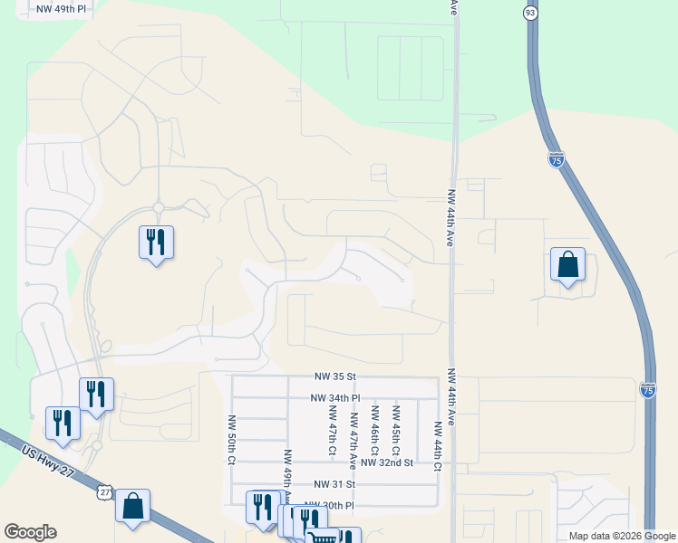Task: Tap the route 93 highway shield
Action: click(530, 12)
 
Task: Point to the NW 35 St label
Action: click(336, 376)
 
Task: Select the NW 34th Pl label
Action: click(335, 397)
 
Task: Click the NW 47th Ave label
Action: click(353, 430)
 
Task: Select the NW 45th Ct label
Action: click(395, 430)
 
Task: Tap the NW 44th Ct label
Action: click(437, 447)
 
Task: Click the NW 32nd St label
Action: click(386, 462)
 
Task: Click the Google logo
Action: click(30, 532)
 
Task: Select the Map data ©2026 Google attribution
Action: click(621, 536)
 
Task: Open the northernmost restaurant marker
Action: click(156, 243)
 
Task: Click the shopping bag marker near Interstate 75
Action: click(567, 265)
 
